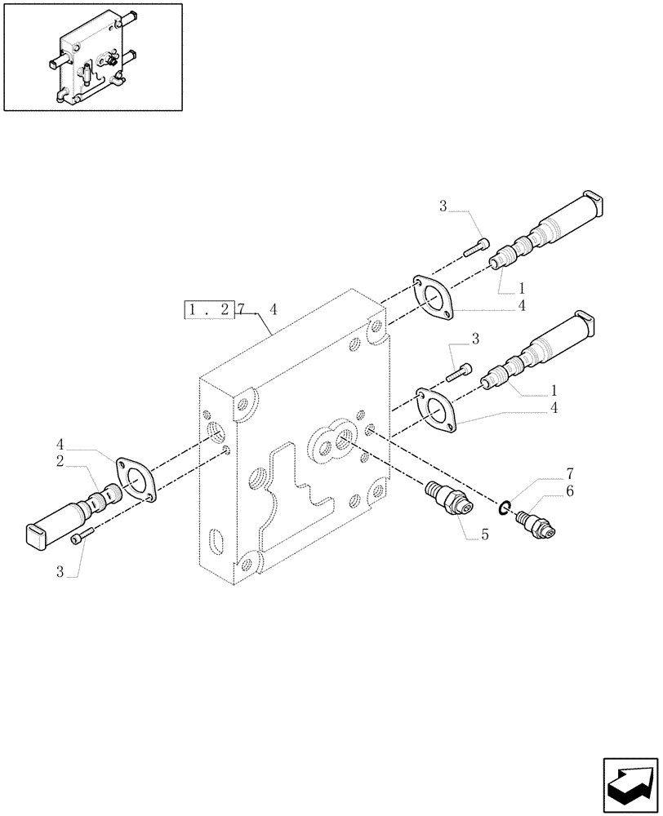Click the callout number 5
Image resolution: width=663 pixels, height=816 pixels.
pos(464,536)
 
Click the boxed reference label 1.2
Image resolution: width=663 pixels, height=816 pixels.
pos(209,310)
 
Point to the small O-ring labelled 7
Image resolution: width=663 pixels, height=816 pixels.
pos(506,510)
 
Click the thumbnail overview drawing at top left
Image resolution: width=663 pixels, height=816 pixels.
pos(91,57)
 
